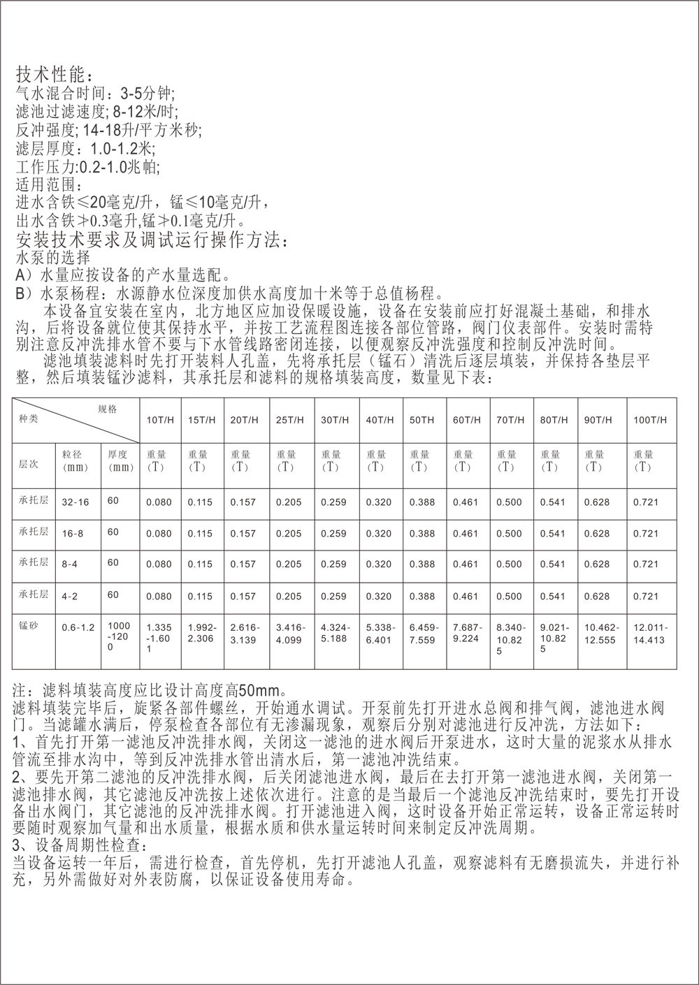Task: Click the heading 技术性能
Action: (x=50, y=75)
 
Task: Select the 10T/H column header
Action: (x=160, y=420)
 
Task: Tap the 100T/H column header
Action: (x=650, y=420)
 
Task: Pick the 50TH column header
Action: (x=422, y=420)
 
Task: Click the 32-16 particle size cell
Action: (x=75, y=502)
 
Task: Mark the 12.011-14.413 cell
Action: (x=651, y=634)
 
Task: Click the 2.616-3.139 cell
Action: (x=245, y=634)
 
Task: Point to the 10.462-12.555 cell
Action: (x=602, y=634)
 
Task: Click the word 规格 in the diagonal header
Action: (x=107, y=409)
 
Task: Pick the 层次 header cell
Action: (x=28, y=465)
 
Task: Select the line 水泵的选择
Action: (x=53, y=258)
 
